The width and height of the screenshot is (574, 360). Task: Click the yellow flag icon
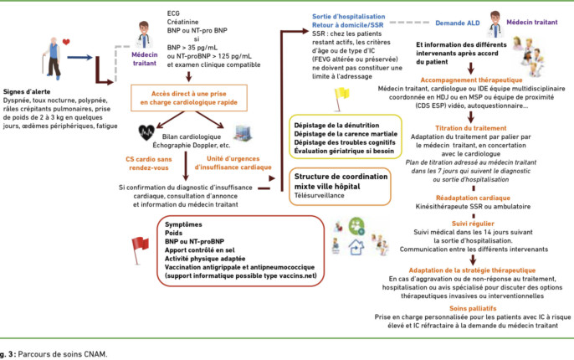coord(341,99)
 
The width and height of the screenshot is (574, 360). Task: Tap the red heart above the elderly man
coord(66,42)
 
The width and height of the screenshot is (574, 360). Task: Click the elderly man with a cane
coord(53,59)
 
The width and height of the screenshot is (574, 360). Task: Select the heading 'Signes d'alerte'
coord(27,91)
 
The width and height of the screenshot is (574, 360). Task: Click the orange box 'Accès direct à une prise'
coord(189,98)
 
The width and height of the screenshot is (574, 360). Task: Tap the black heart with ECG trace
coord(146,132)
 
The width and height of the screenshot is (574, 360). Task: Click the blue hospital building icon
coord(243,132)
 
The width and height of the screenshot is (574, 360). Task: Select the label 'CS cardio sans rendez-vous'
coord(149,163)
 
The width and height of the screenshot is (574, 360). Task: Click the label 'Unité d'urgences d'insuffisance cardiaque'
coord(233,162)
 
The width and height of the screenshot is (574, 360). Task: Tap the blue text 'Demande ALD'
coord(457,23)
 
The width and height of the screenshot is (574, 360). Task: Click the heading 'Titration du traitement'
coord(471,128)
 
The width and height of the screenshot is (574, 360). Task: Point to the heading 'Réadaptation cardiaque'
coord(473,198)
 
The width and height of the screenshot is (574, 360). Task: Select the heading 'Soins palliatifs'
coord(473,308)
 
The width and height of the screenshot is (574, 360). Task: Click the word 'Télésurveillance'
coord(320,195)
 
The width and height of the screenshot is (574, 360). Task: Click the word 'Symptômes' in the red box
coord(183,224)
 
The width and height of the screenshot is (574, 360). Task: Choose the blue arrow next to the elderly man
coord(79,57)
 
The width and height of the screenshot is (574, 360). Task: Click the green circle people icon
coord(356,226)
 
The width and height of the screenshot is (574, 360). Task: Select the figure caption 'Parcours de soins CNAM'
coord(62,354)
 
